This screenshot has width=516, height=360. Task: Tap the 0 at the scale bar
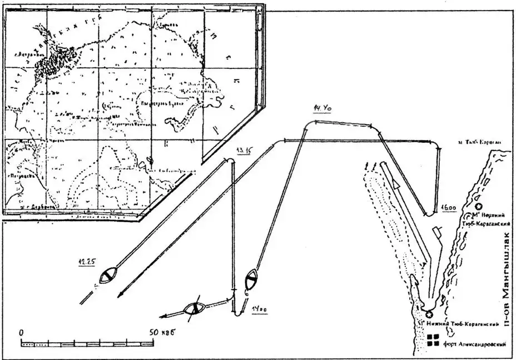coord(21,332)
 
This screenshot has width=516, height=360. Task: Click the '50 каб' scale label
coord(162,332)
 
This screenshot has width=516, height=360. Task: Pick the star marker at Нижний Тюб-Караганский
coord(428,314)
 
